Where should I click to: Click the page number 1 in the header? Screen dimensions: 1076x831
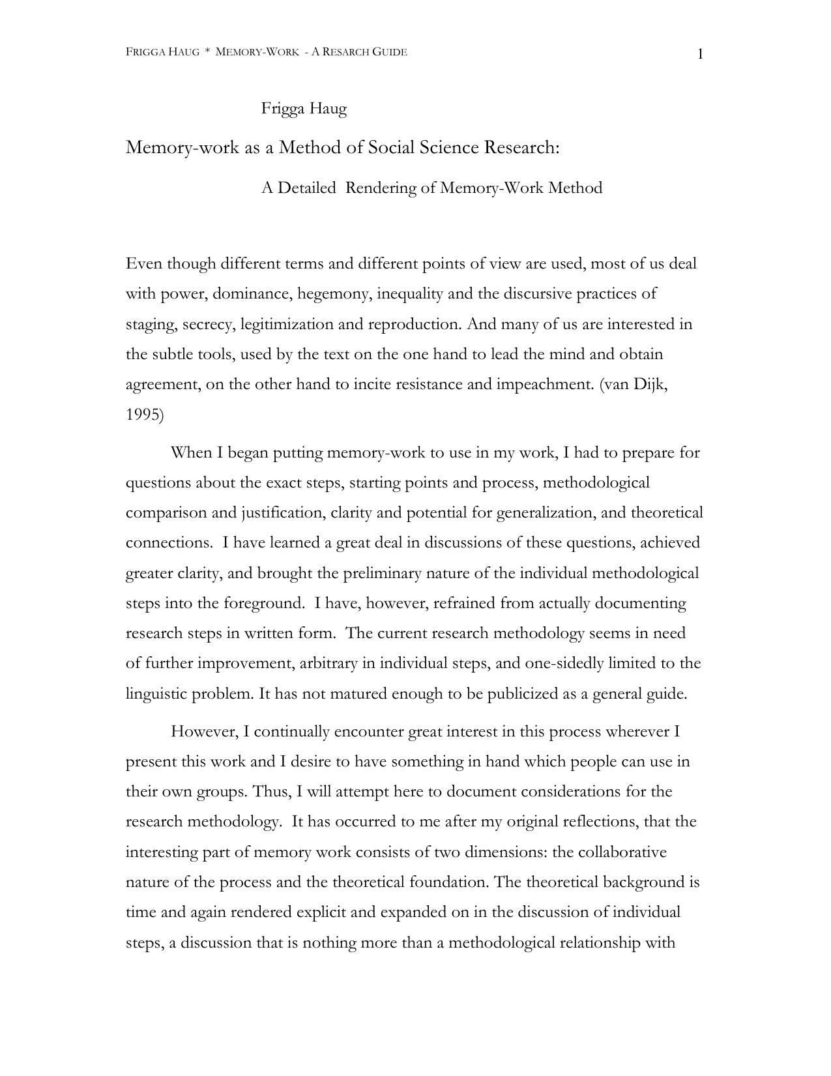coord(701,55)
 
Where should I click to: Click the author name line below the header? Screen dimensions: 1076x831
coord(304,109)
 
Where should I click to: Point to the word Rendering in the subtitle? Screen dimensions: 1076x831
coord(381,188)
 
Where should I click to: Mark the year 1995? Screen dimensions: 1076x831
coord(143,414)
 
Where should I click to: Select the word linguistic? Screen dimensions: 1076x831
coord(156,694)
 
